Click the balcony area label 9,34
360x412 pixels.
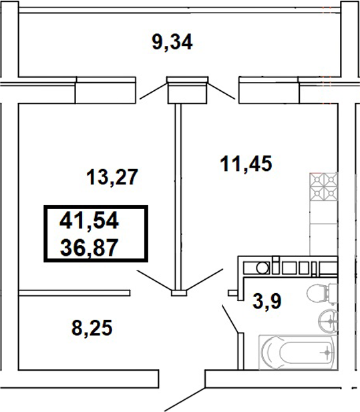[x=172, y=43]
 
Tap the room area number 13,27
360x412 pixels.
[x=112, y=178]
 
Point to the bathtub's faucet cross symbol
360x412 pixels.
[x=325, y=353]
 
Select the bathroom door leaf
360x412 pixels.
[x=231, y=319]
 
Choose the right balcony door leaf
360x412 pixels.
[x=222, y=91]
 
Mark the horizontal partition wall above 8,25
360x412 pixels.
[x=74, y=292]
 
